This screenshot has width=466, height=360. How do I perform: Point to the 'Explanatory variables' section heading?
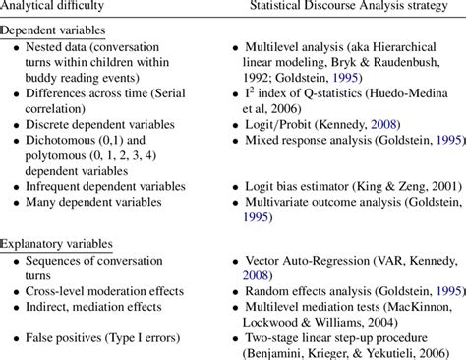click(x=56, y=243)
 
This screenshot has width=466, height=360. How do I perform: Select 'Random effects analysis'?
click(x=301, y=290)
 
